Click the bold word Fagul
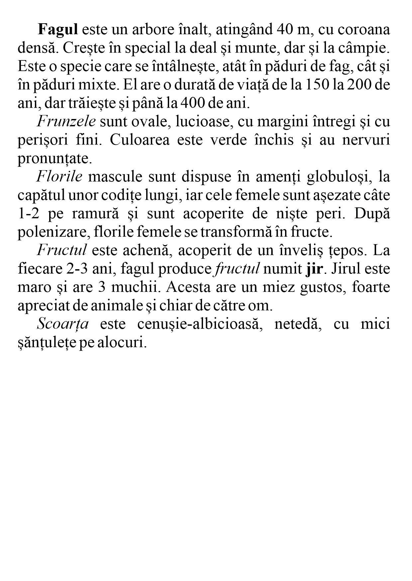tap(58, 30)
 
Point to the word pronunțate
tap(54, 159)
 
